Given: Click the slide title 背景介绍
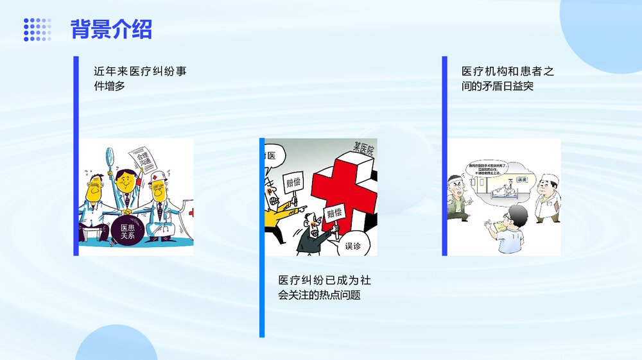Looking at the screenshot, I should pos(111,30).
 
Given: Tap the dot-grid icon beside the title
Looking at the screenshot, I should pos(37,30).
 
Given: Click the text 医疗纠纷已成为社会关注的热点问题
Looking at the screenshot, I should pos(324,287).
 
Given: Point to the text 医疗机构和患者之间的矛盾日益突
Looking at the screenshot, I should pos(507,78).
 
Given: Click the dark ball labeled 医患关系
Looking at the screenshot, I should pos(123,232).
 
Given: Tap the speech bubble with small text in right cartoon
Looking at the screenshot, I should pos(488,169).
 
